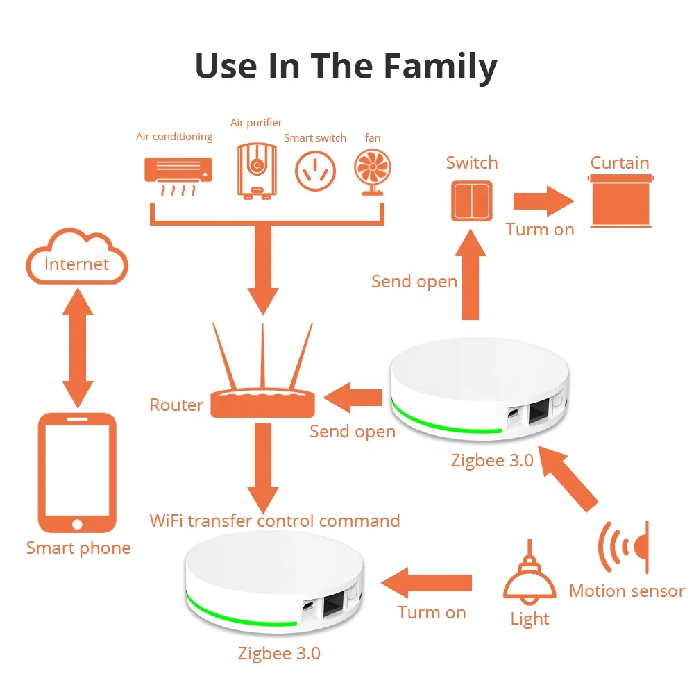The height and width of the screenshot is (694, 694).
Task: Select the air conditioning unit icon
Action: click(x=178, y=173)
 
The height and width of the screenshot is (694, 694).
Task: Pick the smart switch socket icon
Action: click(x=315, y=171)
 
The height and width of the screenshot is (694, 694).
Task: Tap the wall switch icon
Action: click(x=472, y=201)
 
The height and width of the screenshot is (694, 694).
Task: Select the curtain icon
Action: click(x=621, y=201)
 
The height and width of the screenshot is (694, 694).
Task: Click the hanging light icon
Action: click(x=530, y=579)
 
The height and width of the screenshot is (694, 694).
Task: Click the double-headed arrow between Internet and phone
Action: click(x=77, y=348)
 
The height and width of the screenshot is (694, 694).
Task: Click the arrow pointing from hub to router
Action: click(x=354, y=398)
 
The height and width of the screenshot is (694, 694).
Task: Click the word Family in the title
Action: click(x=440, y=67)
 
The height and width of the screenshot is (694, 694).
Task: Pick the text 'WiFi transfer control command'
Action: click(x=275, y=520)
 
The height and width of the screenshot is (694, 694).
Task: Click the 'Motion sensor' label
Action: click(x=627, y=591)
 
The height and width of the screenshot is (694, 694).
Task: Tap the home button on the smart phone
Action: click(x=76, y=524)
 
